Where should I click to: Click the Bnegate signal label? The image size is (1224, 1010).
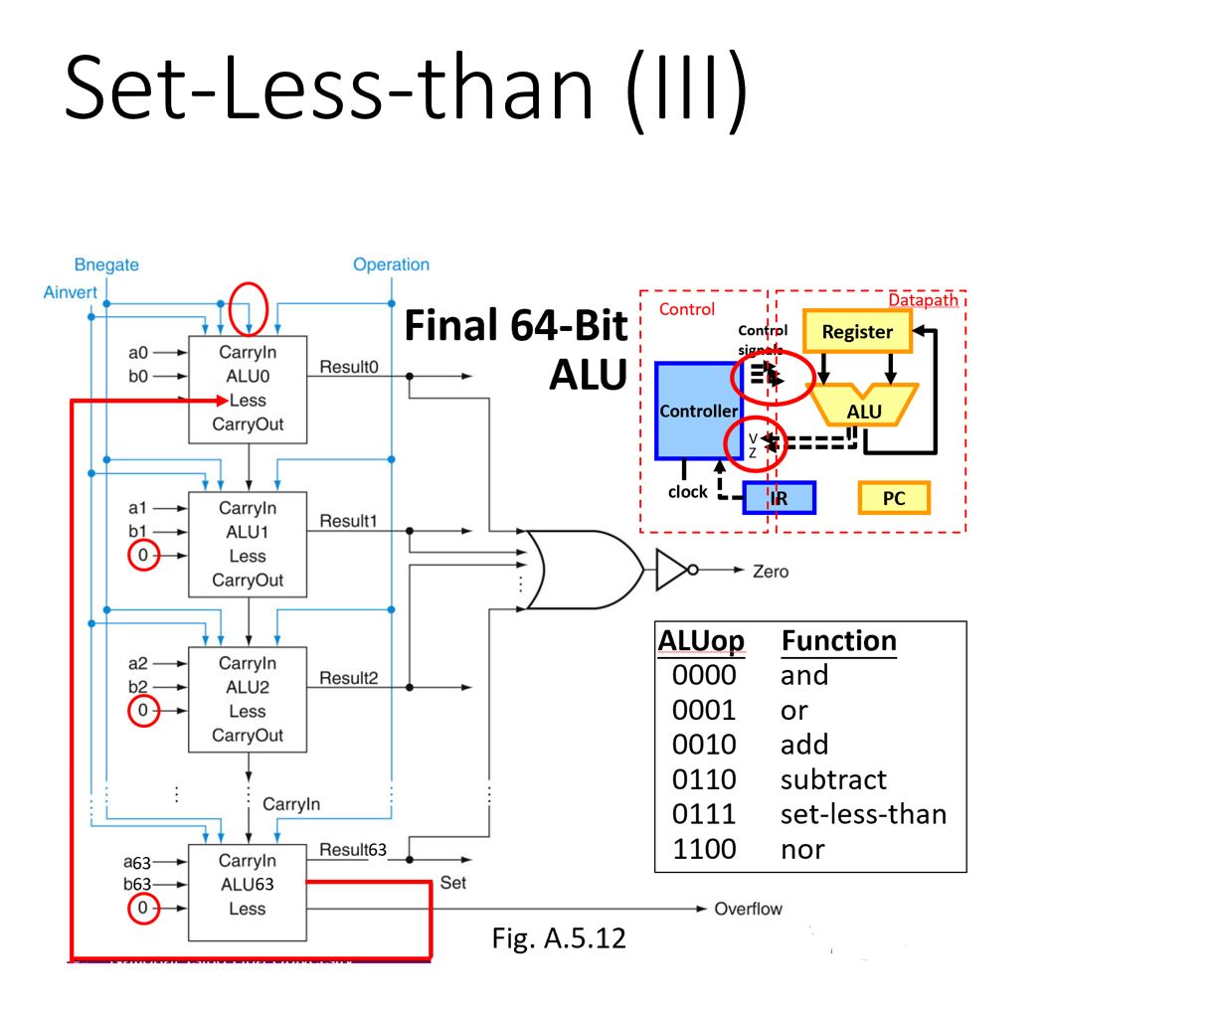point(106,264)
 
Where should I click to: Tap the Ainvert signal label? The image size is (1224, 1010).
point(71,292)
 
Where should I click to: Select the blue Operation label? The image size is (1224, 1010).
point(391,264)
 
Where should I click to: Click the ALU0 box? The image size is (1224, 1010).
point(248,389)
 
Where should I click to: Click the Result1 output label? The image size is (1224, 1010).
point(348,521)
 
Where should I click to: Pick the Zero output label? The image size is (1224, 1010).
point(771,572)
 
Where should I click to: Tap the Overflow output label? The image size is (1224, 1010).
point(748,909)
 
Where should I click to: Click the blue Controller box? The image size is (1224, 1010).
point(698,411)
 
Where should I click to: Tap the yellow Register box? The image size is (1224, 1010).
point(857,332)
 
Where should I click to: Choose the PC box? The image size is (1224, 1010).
point(894,498)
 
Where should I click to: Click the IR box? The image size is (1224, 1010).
point(780,498)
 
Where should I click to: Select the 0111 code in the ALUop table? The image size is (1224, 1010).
point(704,814)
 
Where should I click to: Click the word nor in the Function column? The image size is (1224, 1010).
point(802,849)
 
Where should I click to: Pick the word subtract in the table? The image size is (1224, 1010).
point(833,779)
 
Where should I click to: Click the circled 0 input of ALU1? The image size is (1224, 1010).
point(143,556)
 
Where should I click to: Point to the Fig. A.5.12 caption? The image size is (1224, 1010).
point(559,938)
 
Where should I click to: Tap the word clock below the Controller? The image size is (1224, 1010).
point(687,492)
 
